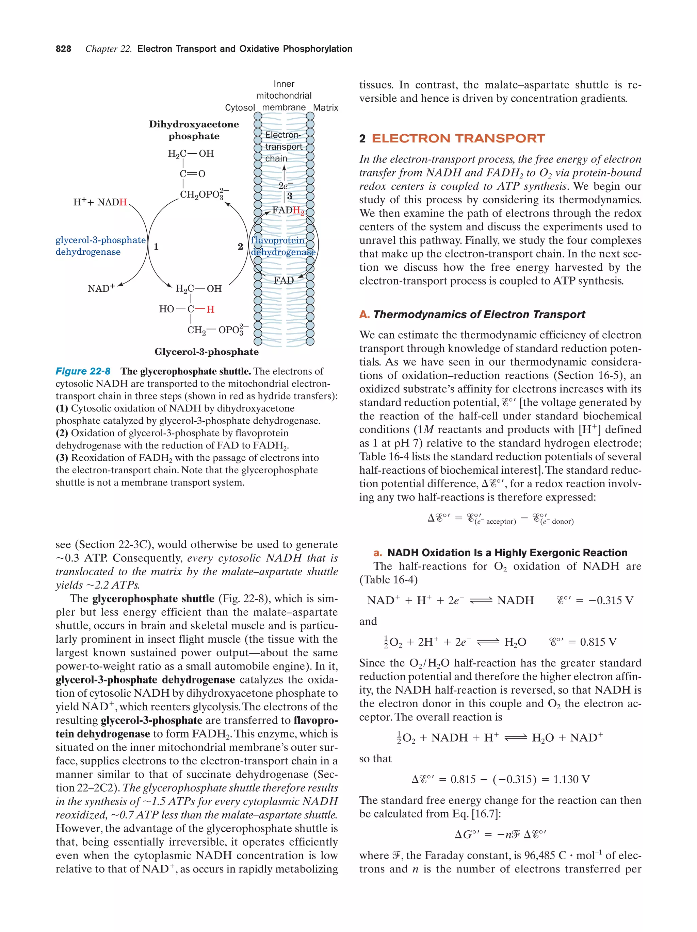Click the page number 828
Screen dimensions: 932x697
pos(63,49)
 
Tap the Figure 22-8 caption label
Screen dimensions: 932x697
pos(83,371)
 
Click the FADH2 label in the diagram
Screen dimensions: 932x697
pos(288,210)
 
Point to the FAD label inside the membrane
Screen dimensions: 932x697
pos(283,280)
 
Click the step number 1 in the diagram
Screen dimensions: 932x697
pos(156,247)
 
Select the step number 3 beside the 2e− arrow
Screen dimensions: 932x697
pos(290,196)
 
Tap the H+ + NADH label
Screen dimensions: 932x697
pos(100,202)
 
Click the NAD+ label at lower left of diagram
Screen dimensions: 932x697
pos(101,289)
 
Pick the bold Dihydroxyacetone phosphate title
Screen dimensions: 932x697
pos(194,130)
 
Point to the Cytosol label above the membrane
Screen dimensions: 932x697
pos(240,107)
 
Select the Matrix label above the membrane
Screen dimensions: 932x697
pos(325,107)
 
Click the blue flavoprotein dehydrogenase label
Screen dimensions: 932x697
pos(282,246)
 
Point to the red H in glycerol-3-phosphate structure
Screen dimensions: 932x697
pos(210,309)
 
